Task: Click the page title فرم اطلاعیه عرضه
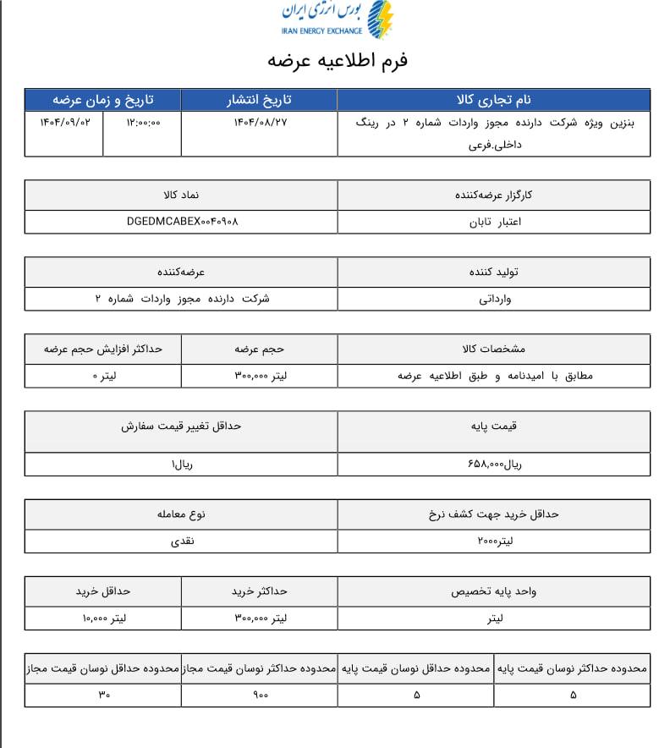[x=338, y=61]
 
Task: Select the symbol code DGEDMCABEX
[x=182, y=223]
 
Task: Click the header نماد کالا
[x=182, y=195]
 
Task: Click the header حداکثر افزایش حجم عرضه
[x=103, y=348]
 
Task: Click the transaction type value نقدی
[x=182, y=541]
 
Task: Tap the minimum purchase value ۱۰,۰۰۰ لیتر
[x=104, y=619]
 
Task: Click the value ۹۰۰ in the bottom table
[x=260, y=695]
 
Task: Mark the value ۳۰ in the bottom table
[x=104, y=695]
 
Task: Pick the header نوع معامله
[x=182, y=514]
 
